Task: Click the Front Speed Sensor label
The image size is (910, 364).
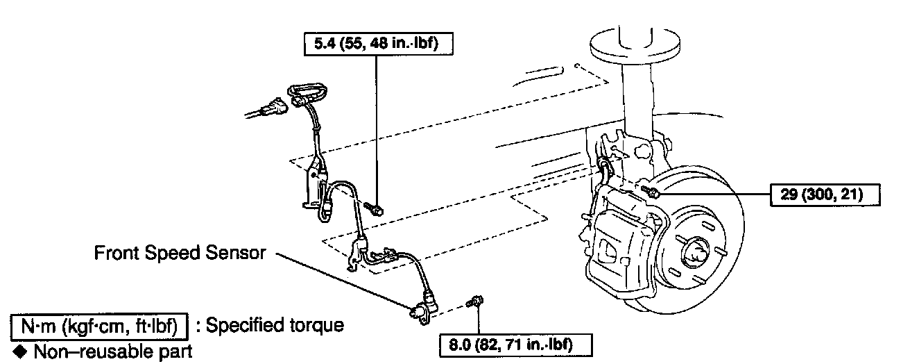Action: (180, 254)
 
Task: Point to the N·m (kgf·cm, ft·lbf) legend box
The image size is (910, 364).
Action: (101, 325)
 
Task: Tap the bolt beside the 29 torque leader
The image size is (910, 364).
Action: (649, 190)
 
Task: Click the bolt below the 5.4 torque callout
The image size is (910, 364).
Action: (375, 208)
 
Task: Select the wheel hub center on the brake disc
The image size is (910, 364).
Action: (692, 251)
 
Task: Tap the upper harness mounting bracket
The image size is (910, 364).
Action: (314, 182)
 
